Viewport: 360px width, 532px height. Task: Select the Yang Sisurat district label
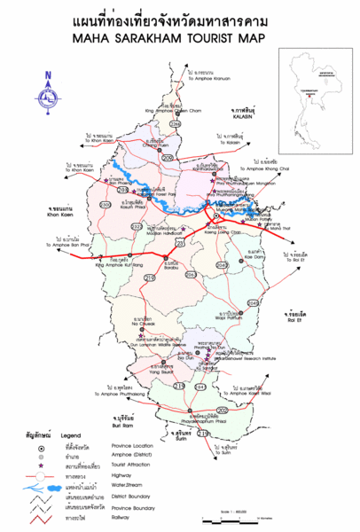pos(161,372)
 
